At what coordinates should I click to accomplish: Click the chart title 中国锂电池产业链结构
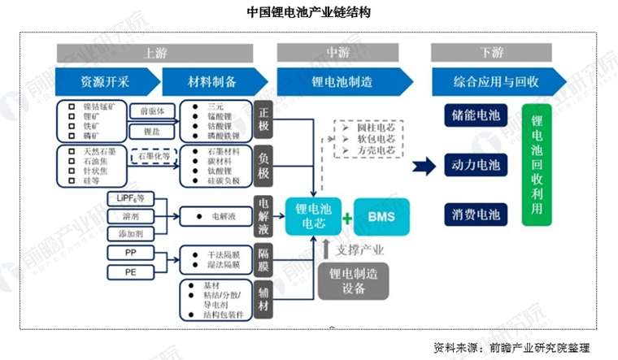309,14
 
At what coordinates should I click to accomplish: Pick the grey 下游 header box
492,53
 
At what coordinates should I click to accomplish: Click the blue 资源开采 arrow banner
106,82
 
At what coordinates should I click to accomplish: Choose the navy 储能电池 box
476,115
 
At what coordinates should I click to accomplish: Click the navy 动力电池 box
476,165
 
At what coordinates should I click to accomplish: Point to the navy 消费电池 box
476,215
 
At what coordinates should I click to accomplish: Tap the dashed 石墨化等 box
152,154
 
